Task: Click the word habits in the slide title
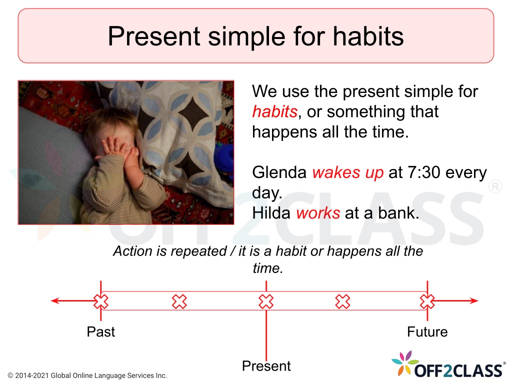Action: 368,36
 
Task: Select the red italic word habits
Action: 275,111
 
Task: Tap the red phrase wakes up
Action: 348,173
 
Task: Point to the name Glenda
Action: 279,172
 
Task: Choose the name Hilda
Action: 271,213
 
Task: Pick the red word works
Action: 318,213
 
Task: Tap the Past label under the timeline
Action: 100,332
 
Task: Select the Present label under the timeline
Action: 266,365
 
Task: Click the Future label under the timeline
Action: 427,332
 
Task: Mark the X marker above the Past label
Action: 101,301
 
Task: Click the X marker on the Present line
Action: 266,301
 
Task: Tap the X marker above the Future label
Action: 427,301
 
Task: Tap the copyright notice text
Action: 87,375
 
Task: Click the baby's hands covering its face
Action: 118,149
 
